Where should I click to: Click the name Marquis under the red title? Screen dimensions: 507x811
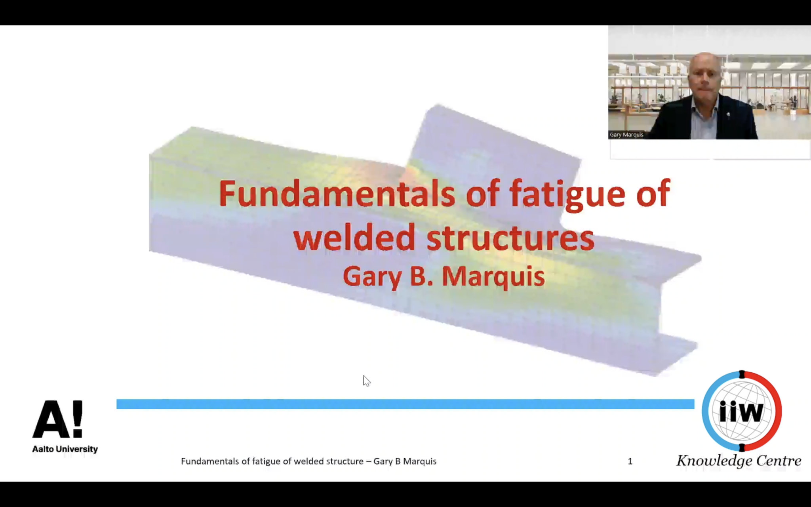click(493, 276)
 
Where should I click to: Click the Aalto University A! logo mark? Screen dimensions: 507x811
click(58, 419)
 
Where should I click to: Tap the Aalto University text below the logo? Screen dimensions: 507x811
click(65, 449)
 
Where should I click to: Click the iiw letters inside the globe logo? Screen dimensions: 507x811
click(741, 412)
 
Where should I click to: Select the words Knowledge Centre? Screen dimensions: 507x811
click(739, 461)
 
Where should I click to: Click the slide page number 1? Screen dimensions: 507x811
click(630, 461)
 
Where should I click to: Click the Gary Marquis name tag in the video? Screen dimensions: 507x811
click(626, 135)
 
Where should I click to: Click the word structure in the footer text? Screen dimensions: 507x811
click(345, 461)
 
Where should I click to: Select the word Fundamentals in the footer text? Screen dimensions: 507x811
click(210, 461)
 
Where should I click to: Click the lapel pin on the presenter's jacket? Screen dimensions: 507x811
click(728, 115)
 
